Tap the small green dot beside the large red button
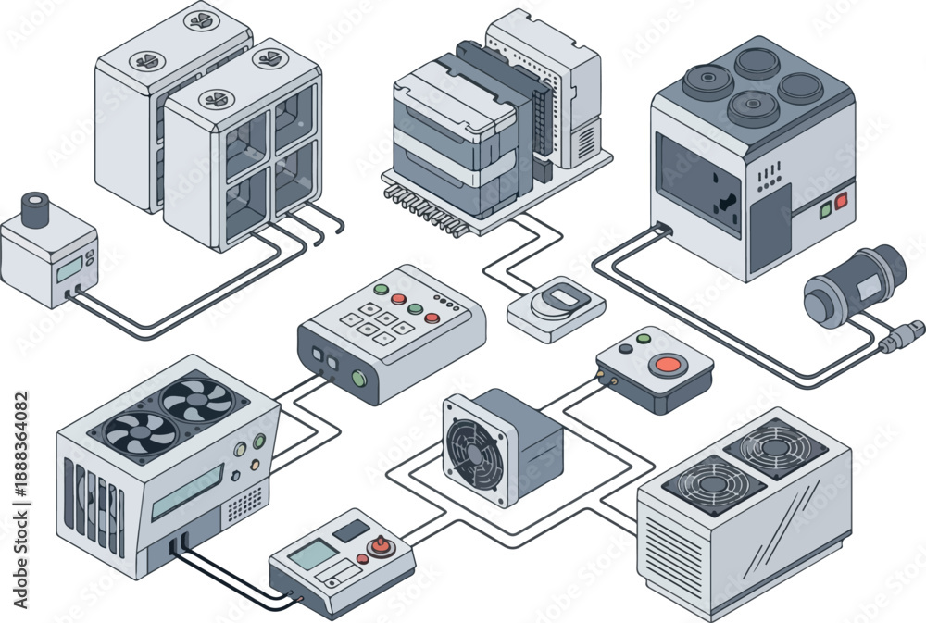(x=644, y=339)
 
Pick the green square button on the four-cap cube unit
(x=825, y=208)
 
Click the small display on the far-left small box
(x=69, y=270)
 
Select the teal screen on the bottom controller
(x=312, y=554)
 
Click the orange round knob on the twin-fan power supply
(x=256, y=465)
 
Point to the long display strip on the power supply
(x=188, y=492)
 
